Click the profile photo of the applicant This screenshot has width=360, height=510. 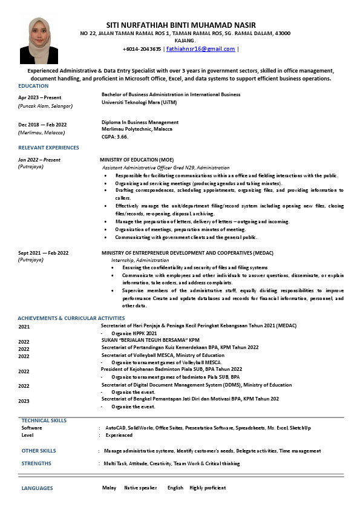[x=39, y=41]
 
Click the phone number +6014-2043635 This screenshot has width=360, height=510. [x=142, y=49]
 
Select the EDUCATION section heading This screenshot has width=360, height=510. [x=33, y=86]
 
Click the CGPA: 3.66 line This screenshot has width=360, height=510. [x=115, y=137]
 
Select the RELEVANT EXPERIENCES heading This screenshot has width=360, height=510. [x=48, y=148]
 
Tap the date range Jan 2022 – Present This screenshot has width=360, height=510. [x=39, y=160]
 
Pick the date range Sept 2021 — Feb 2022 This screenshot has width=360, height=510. [x=43, y=253]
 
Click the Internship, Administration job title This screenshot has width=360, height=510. [x=140, y=260]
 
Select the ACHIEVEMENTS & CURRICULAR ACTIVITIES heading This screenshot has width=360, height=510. [x=71, y=318]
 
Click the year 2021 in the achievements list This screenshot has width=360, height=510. [x=24, y=326]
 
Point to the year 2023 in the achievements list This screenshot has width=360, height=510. [x=24, y=401]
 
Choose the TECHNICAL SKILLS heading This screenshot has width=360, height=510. [x=44, y=420]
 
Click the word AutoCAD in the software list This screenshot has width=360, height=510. [x=116, y=428]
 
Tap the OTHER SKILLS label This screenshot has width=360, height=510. [x=39, y=451]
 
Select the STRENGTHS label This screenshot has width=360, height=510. [x=36, y=463]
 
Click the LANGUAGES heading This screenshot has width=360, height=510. [x=38, y=488]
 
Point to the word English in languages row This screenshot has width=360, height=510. [x=175, y=488]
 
